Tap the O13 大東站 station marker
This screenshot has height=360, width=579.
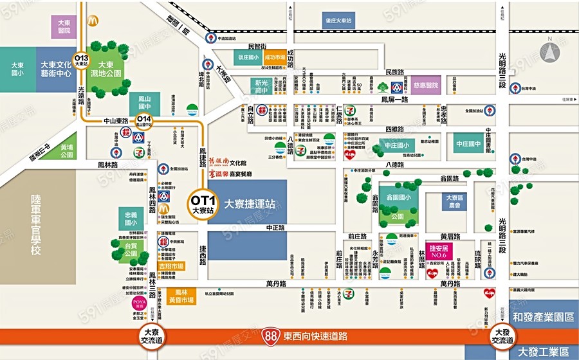[x=81, y=60]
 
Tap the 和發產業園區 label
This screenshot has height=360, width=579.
[x=544, y=318]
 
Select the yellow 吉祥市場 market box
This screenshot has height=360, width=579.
[x=170, y=265]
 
